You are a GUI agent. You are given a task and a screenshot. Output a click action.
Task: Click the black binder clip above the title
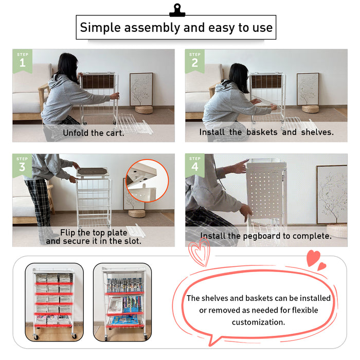(177, 10)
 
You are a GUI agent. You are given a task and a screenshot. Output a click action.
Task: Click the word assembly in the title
(152, 28)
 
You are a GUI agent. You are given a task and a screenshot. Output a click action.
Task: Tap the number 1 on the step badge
(22, 63)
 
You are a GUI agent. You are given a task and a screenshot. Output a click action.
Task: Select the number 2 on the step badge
(195, 63)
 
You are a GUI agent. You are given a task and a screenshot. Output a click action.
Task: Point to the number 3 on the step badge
(22, 167)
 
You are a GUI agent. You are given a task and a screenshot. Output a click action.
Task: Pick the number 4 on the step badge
(195, 167)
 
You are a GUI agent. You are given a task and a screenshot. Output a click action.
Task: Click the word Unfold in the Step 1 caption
(76, 133)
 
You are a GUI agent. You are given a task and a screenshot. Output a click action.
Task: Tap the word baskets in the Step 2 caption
(262, 132)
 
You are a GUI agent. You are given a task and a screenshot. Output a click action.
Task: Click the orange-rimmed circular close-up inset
(147, 181)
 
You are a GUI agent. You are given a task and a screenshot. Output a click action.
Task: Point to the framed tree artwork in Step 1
(141, 89)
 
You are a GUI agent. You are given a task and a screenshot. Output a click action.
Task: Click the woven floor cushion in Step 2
(310, 109)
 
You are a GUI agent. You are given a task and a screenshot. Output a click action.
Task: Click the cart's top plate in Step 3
(92, 172)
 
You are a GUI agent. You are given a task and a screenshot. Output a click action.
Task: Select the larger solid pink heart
(313, 258)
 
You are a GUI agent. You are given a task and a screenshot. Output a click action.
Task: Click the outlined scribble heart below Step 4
(200, 252)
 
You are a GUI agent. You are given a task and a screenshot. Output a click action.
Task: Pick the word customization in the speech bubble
(258, 322)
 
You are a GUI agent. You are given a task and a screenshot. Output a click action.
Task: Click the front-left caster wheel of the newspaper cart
(36, 336)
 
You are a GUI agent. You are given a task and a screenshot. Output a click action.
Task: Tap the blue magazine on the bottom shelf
(124, 319)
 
